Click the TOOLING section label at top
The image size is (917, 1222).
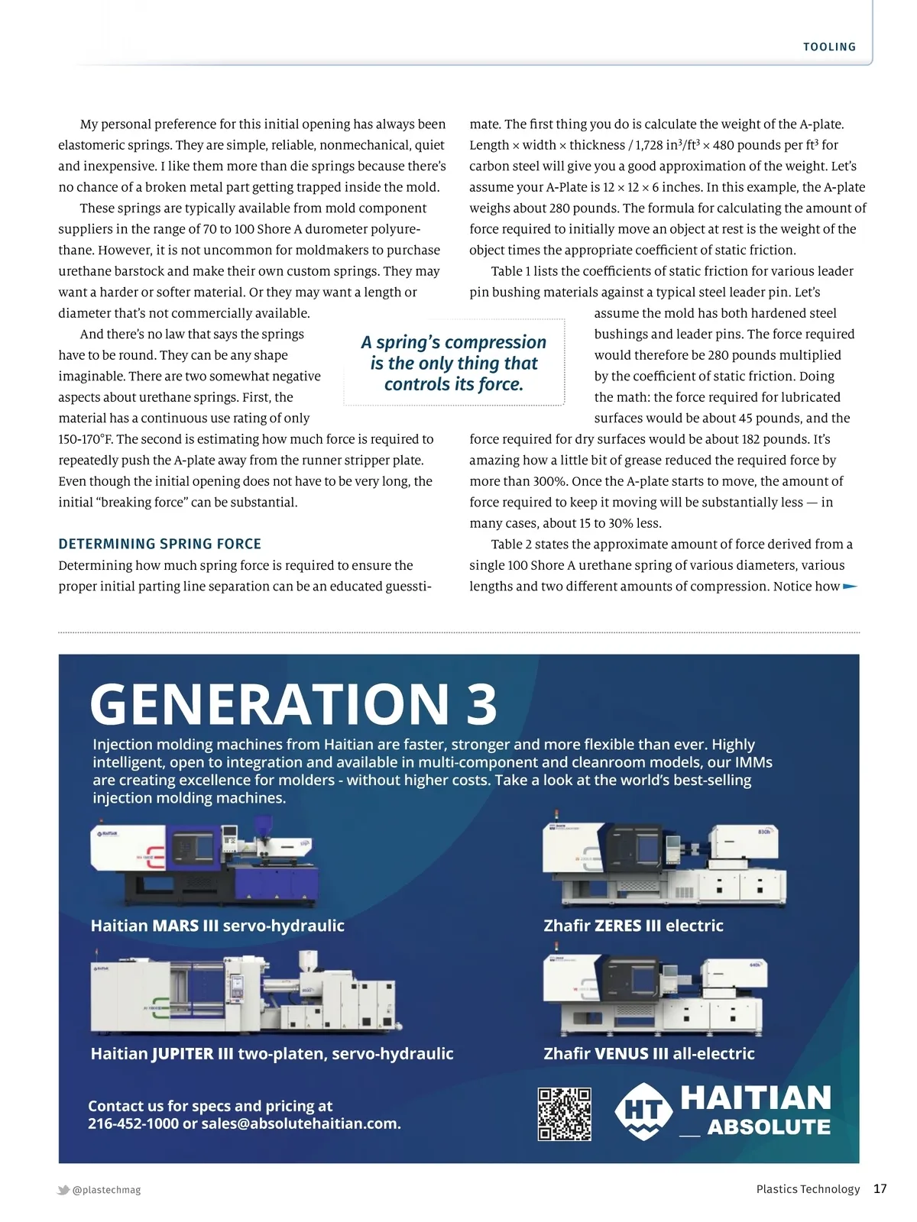click(829, 47)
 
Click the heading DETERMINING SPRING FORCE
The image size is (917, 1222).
click(160, 544)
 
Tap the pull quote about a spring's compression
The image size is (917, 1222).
click(454, 363)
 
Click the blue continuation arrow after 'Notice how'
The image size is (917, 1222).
click(850, 587)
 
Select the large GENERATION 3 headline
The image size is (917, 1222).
click(293, 704)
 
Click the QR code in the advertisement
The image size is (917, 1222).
click(565, 1114)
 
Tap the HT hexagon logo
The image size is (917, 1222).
click(643, 1111)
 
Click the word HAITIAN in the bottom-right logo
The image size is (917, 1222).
click(755, 1098)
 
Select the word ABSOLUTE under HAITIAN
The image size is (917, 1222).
click(769, 1127)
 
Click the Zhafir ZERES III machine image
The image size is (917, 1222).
click(663, 865)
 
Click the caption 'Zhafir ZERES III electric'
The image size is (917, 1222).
click(633, 926)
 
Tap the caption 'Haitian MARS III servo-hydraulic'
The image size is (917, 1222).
click(217, 926)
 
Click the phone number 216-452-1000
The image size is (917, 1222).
click(133, 1123)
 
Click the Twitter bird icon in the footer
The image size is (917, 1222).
click(63, 1190)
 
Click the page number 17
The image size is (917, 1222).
click(880, 1188)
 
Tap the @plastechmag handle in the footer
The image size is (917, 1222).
click(106, 1190)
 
